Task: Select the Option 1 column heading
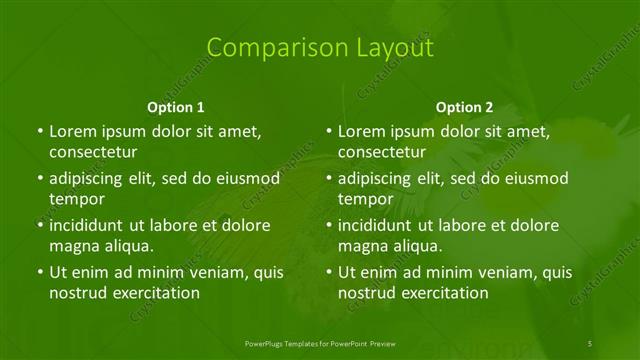point(176,107)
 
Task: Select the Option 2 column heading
point(465,107)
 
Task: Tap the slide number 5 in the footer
point(590,342)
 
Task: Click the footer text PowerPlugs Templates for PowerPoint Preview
point(319,342)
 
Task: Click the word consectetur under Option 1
point(93,152)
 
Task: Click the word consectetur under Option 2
point(382,152)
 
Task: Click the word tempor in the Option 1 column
point(77,199)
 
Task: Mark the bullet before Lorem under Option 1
point(39,132)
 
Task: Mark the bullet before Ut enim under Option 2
point(328,272)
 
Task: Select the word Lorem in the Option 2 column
point(362,132)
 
